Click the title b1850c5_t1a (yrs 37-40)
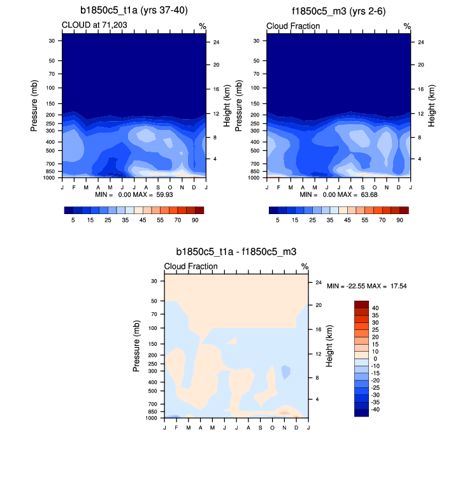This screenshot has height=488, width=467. [x=134, y=10]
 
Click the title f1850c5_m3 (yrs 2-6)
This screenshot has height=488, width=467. [x=338, y=10]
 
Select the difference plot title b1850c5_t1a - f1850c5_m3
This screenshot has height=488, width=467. [x=236, y=252]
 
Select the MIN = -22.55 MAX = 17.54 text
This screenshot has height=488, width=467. [x=366, y=286]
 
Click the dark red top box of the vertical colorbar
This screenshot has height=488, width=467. [x=361, y=305]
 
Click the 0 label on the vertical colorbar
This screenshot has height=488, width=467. [x=374, y=359]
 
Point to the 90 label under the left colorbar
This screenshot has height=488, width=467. [x=196, y=219]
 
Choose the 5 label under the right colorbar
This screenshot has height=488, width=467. [x=278, y=219]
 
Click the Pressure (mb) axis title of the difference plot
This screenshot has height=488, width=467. [x=137, y=347]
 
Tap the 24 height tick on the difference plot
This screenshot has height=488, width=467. [x=319, y=283]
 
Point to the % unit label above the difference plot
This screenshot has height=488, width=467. [x=305, y=266]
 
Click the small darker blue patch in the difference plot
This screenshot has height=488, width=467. [x=285, y=371]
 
